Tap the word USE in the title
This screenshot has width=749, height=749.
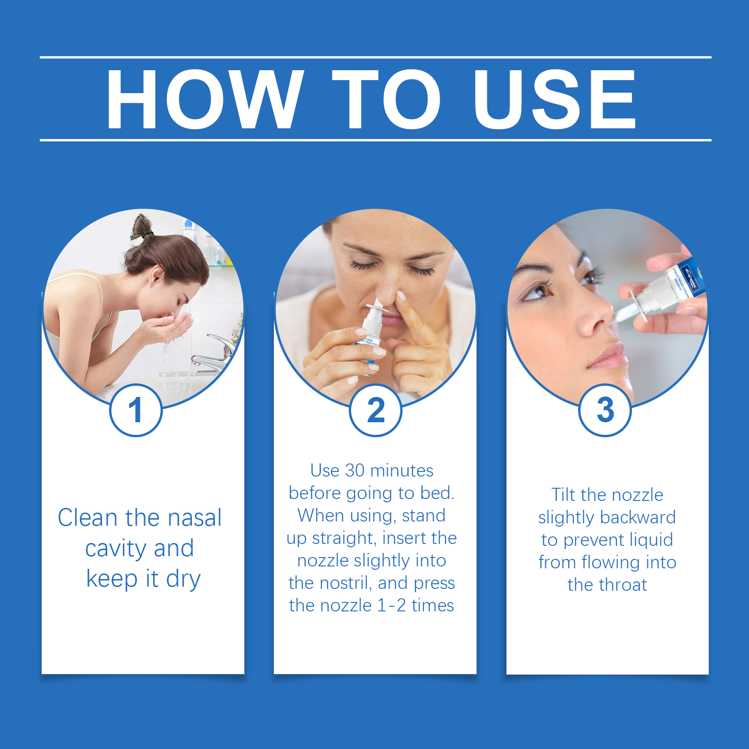tap(554, 99)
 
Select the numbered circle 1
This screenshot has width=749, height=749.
tap(136, 410)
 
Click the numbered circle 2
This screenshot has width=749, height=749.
tap(375, 410)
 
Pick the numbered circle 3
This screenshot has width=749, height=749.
tap(605, 410)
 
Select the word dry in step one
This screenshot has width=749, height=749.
tap(183, 579)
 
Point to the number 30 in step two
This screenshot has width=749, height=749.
tap(354, 470)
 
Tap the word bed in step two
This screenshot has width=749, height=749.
tap(440, 493)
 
